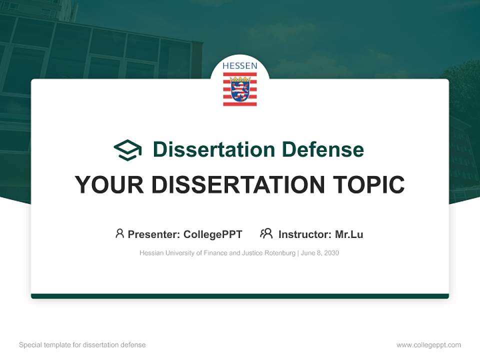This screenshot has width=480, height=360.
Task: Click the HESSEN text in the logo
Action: click(240, 66)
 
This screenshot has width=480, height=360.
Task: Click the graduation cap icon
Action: click(127, 150)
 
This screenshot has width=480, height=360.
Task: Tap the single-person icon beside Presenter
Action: click(119, 233)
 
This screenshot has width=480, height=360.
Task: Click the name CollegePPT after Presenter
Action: click(213, 234)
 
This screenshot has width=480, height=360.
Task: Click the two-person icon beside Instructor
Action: click(266, 233)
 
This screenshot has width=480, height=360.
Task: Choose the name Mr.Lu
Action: click(349, 234)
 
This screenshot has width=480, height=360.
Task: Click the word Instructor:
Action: click(304, 234)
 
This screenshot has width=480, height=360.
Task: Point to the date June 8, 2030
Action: click(320, 253)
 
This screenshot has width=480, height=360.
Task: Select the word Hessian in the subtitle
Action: click(150, 253)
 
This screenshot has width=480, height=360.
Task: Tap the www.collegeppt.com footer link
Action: click(428, 345)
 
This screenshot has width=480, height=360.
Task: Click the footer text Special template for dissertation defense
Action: click(82, 345)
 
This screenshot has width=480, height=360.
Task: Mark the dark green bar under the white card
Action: click(240, 296)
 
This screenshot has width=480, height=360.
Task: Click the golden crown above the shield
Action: click(240, 79)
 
